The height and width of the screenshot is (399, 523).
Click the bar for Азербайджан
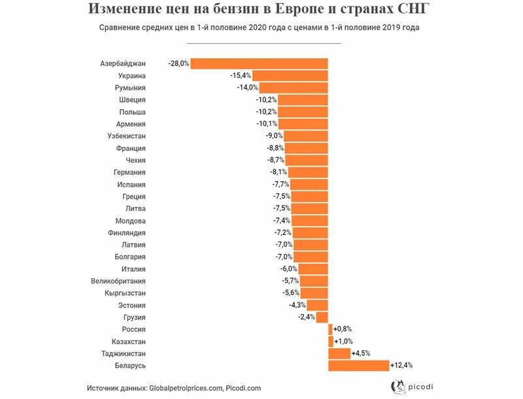coord(259,63)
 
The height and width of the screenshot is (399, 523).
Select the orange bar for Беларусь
coord(358,366)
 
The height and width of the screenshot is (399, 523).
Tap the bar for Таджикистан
coord(339,353)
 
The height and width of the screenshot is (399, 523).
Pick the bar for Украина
coord(290,76)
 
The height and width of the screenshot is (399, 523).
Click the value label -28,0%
coord(178,63)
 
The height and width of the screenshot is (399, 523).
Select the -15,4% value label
coord(241,76)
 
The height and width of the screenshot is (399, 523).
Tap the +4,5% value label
coord(361,353)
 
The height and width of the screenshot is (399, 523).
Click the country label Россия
coord(133,329)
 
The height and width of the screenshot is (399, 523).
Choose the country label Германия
coord(129,172)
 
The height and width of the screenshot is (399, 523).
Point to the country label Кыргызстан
coord(125,293)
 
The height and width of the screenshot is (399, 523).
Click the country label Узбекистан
coord(126,136)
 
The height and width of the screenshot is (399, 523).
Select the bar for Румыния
coord(293,88)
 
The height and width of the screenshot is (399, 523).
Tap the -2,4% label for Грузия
coord(307,317)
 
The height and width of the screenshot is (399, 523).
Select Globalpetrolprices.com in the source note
coord(186,388)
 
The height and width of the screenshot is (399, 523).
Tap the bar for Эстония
coord(317,305)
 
